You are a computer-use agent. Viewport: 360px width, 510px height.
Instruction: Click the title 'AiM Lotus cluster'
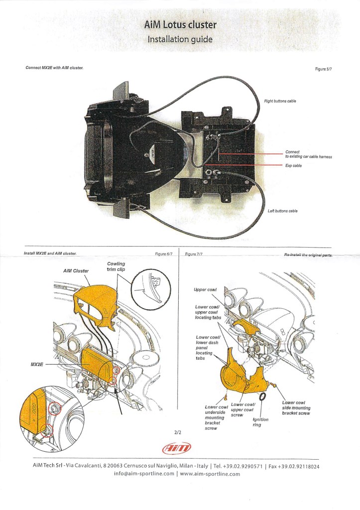[x=180, y=24]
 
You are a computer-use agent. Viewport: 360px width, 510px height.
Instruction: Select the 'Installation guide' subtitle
[x=180, y=39]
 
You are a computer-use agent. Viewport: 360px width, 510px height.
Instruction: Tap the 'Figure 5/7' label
[x=323, y=69]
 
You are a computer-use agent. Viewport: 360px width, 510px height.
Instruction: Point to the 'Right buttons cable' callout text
[x=280, y=101]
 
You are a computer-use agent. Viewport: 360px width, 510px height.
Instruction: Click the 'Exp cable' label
[x=293, y=166]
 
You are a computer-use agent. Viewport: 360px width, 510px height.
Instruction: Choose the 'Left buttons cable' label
[x=282, y=211]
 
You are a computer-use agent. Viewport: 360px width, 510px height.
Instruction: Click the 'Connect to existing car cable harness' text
[x=308, y=154]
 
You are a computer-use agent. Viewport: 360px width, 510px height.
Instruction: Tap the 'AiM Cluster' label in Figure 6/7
[x=76, y=271]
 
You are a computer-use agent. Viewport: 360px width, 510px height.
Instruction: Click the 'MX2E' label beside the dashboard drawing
[x=37, y=365]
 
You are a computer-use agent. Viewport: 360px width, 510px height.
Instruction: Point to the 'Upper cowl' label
[x=205, y=289]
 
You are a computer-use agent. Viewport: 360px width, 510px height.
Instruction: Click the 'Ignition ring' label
[x=260, y=422]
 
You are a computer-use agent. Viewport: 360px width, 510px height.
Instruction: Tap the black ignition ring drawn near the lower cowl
[x=262, y=395]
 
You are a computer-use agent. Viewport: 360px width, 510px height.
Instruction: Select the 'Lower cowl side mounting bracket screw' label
[x=296, y=408]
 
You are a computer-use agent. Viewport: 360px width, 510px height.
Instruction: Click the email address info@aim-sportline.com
[x=144, y=474]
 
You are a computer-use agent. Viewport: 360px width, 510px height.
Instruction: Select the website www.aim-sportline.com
[x=210, y=474]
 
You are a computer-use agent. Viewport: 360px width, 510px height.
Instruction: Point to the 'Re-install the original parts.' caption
[x=308, y=254]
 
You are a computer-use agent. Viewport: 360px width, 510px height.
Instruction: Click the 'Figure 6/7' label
[x=164, y=254]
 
